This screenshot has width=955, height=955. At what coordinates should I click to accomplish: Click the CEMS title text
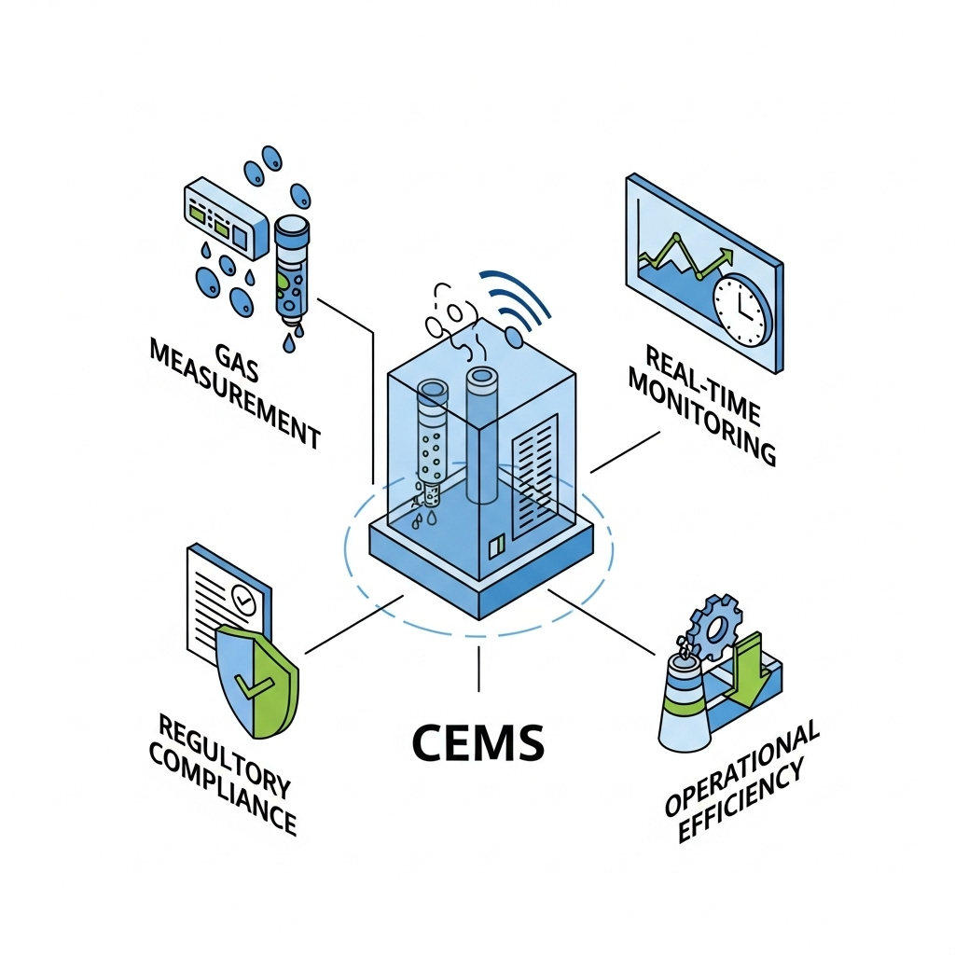pyautogui.click(x=477, y=742)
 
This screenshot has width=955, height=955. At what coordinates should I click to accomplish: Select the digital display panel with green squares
pyautogui.click(x=217, y=220)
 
